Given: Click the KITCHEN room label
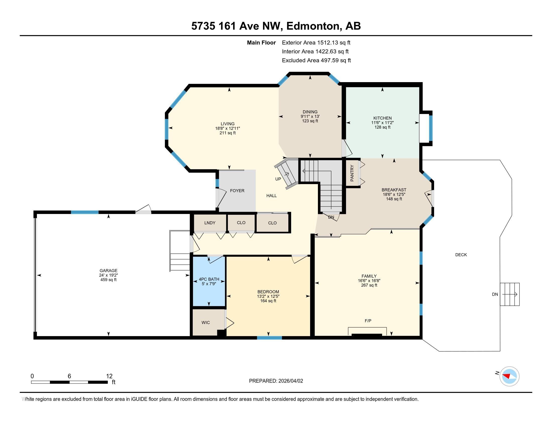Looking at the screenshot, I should [x=382, y=118].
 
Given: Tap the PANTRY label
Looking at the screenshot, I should [x=352, y=173].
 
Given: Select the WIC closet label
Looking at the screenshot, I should [x=205, y=323].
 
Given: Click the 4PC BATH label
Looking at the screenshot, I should [x=209, y=279].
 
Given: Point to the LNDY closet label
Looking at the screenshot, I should [x=210, y=223].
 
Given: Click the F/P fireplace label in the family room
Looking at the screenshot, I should [x=368, y=321].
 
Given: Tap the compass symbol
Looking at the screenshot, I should [x=509, y=376].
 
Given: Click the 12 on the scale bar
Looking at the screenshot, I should [x=109, y=376].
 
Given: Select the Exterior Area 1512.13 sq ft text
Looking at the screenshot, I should [x=316, y=42].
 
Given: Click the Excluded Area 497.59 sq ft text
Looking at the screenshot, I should [x=316, y=60].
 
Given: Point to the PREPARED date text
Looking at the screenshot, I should [x=276, y=381].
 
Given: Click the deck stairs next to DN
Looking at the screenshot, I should [x=510, y=294].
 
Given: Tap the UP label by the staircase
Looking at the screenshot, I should [x=278, y=179].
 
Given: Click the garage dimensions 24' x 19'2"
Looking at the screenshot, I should [x=108, y=275].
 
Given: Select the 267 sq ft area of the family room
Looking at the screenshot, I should [x=369, y=285].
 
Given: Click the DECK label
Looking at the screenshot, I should [x=461, y=255].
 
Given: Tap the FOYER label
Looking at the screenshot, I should [x=237, y=191].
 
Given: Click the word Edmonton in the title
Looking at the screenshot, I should [x=313, y=26].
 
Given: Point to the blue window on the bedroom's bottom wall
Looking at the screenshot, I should [x=269, y=337].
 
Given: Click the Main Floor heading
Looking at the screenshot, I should [x=261, y=42].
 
